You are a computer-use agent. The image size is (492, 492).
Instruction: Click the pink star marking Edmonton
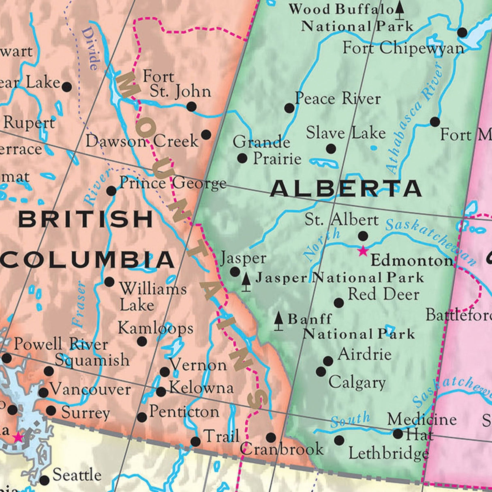click(x=363, y=251)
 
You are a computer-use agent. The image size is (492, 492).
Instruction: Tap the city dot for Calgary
click(x=321, y=371)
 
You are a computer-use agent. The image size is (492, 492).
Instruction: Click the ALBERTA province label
click(x=346, y=189)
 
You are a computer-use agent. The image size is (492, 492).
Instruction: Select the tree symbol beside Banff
click(x=278, y=321)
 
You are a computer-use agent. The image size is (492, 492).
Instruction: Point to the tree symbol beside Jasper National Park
click(x=246, y=282)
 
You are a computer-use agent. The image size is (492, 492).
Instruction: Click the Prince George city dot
click(x=111, y=190)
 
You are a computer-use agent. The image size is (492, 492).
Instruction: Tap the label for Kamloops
click(x=156, y=328)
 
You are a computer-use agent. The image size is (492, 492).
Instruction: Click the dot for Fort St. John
click(x=191, y=107)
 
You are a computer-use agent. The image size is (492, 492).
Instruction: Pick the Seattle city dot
click(x=45, y=481)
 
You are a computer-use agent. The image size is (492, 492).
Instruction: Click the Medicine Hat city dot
click(x=398, y=434)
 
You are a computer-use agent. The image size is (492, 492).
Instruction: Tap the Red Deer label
click(x=383, y=294)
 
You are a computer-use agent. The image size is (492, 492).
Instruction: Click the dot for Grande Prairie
click(x=242, y=158)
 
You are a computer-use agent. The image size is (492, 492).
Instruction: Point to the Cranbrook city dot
click(x=271, y=437)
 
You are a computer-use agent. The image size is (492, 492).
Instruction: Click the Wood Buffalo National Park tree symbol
click(x=400, y=11)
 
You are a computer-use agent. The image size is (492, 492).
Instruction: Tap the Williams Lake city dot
click(x=109, y=281)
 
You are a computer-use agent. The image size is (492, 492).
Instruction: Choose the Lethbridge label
click(x=388, y=453)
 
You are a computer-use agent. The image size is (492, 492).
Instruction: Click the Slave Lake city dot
click(x=331, y=149)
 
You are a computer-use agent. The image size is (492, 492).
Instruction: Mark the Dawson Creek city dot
click(x=206, y=135)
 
